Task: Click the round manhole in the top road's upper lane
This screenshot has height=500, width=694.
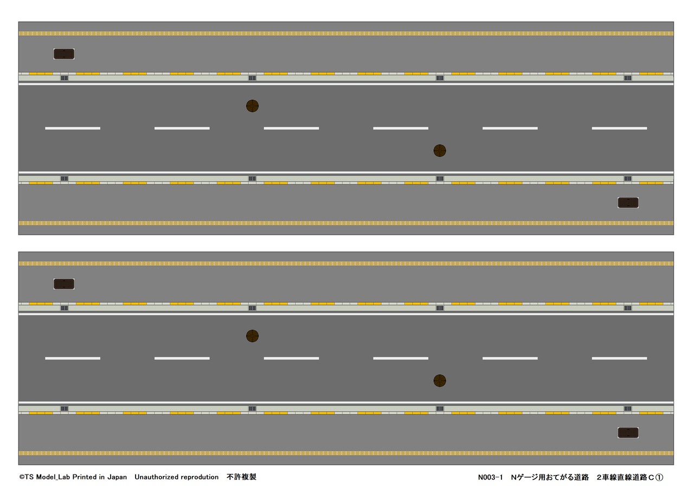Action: (x=252, y=106)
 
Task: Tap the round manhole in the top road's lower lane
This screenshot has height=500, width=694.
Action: (x=440, y=150)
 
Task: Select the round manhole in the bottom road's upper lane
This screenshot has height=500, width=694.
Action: (x=252, y=336)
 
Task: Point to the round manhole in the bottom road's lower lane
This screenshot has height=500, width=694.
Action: (x=440, y=381)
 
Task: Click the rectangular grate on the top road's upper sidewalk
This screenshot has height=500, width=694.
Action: (x=64, y=54)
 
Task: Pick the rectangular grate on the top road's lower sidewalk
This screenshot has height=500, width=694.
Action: (x=628, y=203)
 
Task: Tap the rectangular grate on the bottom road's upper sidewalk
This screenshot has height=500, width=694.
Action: (x=64, y=284)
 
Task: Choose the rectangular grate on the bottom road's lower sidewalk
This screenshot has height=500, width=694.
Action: (x=628, y=433)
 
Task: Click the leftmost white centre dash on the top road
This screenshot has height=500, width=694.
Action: (x=73, y=128)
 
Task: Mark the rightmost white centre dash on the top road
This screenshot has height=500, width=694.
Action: (x=619, y=128)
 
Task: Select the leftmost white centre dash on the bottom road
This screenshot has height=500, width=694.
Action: (x=73, y=358)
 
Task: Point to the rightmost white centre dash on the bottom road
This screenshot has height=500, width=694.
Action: (x=619, y=358)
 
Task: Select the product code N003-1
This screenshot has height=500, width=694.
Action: (x=490, y=478)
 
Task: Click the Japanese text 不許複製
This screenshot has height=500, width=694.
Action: (x=241, y=477)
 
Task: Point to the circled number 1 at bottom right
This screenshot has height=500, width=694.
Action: (x=659, y=478)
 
